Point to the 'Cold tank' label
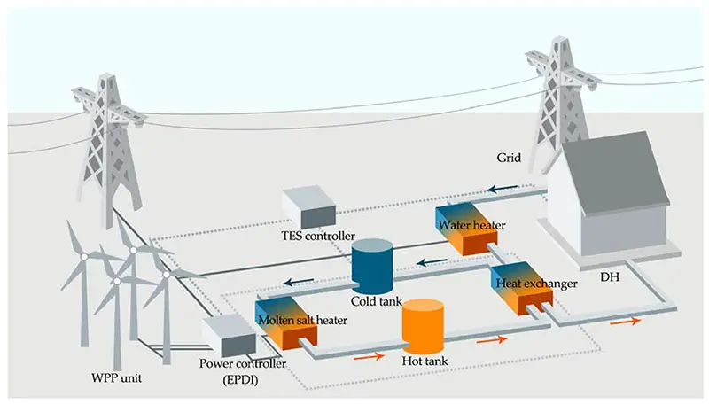click(376, 300)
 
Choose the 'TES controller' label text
click(319, 237)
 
